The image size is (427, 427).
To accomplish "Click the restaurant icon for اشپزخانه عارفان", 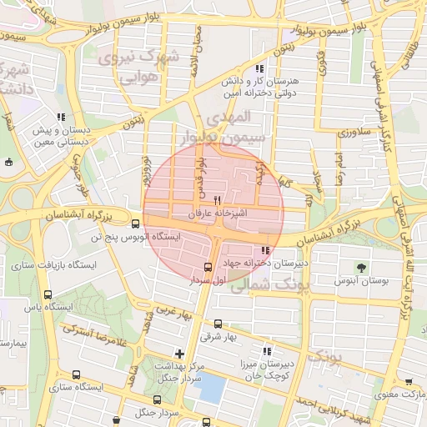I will [218, 200].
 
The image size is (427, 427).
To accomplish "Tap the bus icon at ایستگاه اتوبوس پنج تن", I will [136, 224].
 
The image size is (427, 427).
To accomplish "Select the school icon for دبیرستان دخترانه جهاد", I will [265, 250].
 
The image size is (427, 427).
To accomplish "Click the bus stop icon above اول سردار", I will [208, 267].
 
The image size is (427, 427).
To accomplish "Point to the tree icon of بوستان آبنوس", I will [361, 268].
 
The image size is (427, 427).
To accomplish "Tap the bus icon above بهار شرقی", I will [218, 324].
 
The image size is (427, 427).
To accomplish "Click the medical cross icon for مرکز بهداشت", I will [179, 354].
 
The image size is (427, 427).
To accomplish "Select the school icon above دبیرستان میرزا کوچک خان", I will [267, 351].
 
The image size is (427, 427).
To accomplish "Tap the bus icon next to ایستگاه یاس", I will [48, 295].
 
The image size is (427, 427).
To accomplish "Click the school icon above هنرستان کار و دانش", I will [260, 68].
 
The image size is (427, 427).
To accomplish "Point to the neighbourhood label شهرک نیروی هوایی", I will [138, 68].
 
